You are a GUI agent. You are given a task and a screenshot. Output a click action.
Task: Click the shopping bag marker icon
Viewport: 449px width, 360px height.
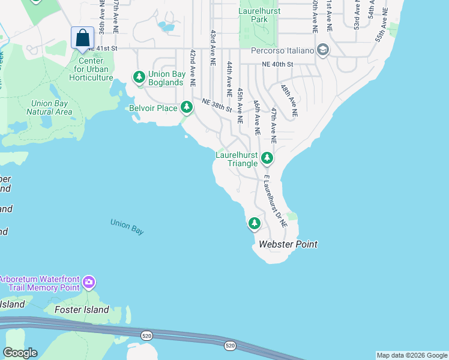(x=82, y=37)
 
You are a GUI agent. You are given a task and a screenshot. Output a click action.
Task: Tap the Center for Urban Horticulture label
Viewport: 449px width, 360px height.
(x=91, y=69)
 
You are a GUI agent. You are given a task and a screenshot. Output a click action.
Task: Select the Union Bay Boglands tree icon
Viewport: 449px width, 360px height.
(x=139, y=77)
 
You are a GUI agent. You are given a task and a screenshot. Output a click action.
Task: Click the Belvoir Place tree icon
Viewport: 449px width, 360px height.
(x=187, y=107)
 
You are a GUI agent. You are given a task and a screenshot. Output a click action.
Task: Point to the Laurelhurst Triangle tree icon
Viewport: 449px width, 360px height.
(x=267, y=158)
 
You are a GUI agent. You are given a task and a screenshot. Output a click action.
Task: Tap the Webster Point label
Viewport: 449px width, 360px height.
(x=288, y=244)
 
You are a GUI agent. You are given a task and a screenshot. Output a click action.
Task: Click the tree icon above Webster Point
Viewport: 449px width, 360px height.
(x=255, y=224)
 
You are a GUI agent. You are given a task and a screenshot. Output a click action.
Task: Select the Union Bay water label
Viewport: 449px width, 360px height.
(x=127, y=227)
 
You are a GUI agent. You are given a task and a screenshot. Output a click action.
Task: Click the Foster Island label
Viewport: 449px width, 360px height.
(x=82, y=310)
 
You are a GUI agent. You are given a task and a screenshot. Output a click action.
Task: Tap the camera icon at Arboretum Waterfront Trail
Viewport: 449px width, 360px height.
(x=89, y=281)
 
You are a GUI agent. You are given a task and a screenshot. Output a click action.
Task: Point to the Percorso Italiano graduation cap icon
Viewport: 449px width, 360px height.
(x=324, y=50)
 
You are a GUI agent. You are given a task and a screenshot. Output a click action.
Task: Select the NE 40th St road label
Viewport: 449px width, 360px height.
(x=277, y=64)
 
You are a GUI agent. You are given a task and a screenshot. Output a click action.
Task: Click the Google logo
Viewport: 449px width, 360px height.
(x=20, y=352)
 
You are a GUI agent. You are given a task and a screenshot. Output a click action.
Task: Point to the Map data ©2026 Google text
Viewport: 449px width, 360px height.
(x=412, y=355)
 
